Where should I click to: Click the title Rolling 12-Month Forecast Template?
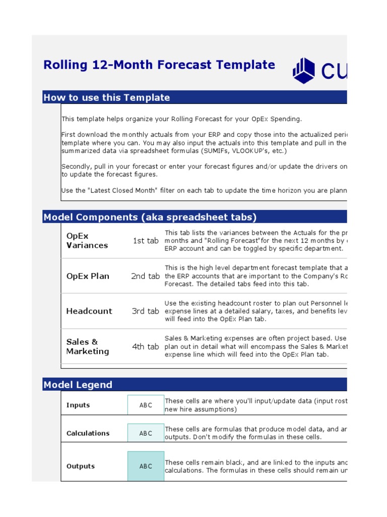click(x=159, y=65)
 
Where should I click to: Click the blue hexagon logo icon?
click(x=304, y=70)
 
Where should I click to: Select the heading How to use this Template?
click(x=107, y=97)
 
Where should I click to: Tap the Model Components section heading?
click(x=150, y=217)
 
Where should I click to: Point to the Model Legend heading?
click(x=78, y=385)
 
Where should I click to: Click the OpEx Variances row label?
click(x=87, y=240)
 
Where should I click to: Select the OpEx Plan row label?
click(x=88, y=276)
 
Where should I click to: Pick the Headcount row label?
click(x=89, y=311)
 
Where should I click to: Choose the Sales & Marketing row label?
click(x=88, y=346)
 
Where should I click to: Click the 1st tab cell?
click(x=146, y=241)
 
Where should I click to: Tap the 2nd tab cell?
click(x=145, y=276)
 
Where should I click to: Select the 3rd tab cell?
click(x=146, y=311)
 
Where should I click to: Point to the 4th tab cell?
click(x=146, y=346)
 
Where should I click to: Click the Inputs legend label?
click(x=78, y=405)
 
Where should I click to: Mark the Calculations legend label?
click(x=88, y=433)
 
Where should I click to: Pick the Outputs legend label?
click(x=81, y=466)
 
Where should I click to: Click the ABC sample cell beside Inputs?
click(x=146, y=405)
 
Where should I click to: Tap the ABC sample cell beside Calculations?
click(x=146, y=433)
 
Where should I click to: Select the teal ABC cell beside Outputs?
click(x=146, y=466)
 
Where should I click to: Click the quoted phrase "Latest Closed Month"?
click(x=114, y=190)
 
